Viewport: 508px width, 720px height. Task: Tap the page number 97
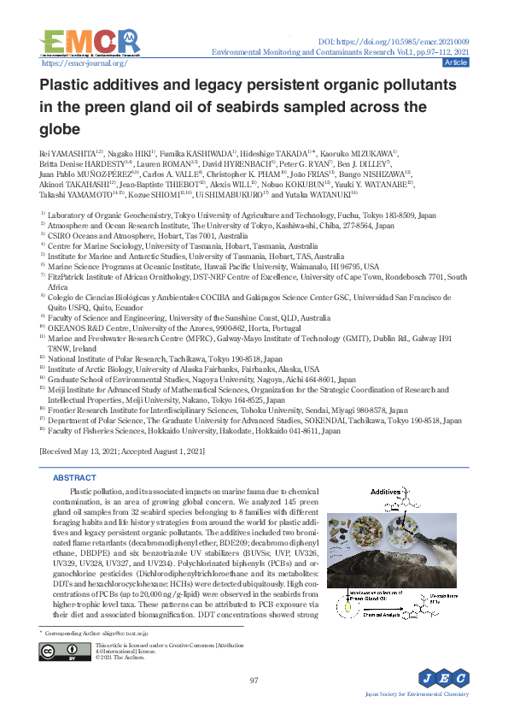(x=254, y=681)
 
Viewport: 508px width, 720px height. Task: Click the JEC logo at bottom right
(x=443, y=680)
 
